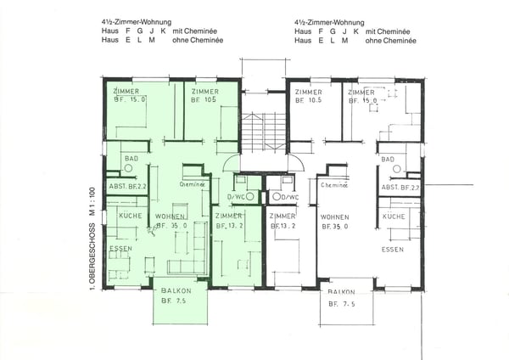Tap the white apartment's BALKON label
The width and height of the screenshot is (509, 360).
[x=347, y=291]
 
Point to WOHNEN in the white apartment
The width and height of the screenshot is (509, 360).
[x=337, y=217]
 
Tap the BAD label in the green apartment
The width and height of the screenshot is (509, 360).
[x=130, y=158]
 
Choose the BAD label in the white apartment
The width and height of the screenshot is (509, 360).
[x=389, y=159]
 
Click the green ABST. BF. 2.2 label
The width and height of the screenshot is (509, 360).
[x=128, y=186]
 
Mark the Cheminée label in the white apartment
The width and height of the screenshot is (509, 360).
[x=333, y=185]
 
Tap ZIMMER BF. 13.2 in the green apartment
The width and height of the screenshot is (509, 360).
[x=231, y=222]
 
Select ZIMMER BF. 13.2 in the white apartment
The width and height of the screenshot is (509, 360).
[x=282, y=222]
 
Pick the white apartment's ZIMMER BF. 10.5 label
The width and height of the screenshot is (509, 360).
[x=307, y=96]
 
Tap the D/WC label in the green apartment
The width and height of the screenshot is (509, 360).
[x=232, y=198]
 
